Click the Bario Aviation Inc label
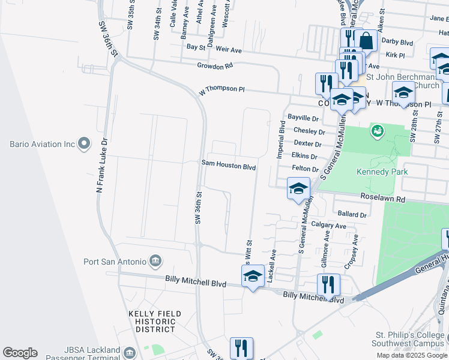pos(41,144)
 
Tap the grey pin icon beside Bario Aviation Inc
pos(84,144)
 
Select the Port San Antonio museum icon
pos(155,261)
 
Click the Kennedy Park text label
pos(382,172)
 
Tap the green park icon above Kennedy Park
pos(378,130)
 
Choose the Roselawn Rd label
pos(383,197)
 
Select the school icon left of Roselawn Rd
pos(298,189)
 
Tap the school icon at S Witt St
pos(253,277)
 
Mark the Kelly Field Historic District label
pos(152,321)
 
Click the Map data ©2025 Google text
pos(412,355)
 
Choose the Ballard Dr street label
pos(352,214)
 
